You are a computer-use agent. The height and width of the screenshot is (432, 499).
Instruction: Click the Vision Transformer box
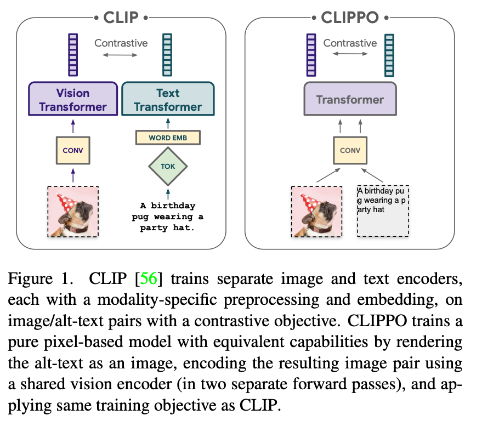click(x=73, y=99)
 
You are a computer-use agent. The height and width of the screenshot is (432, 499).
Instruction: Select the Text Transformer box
click(x=168, y=99)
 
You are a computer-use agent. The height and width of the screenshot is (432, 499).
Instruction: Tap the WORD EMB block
click(x=167, y=138)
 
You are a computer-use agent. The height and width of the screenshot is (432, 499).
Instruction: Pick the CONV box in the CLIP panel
click(x=73, y=150)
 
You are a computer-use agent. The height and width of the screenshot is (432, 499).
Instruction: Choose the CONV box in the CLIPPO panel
click(x=349, y=150)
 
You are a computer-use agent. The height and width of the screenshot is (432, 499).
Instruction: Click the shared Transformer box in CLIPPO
click(x=349, y=100)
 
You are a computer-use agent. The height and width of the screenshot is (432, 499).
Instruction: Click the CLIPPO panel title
click(x=349, y=17)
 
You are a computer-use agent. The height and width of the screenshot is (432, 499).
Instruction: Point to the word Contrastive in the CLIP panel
click(x=120, y=42)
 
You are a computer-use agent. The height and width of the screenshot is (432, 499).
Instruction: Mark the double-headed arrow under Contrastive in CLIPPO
click(x=349, y=55)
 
